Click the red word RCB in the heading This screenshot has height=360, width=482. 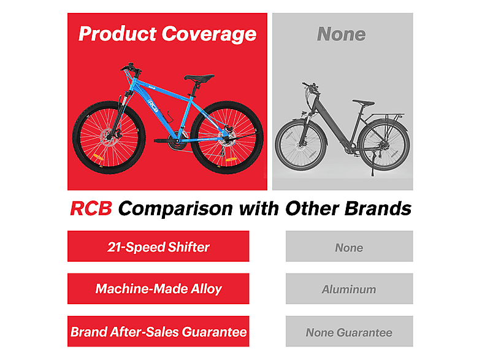click(x=91, y=209)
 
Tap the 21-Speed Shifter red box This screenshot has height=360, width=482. click(x=158, y=247)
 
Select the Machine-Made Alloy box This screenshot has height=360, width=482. click(x=158, y=289)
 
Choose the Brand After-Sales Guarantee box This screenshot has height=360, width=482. click(x=158, y=331)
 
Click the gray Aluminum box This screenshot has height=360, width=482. click(x=349, y=289)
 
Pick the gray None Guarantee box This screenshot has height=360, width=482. click(x=349, y=331)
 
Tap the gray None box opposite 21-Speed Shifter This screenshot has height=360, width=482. click(x=349, y=247)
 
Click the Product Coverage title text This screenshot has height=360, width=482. click(x=167, y=34)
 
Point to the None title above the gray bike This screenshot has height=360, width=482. click(x=342, y=34)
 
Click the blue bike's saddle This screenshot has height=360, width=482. click(x=199, y=78)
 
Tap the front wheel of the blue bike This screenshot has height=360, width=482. click(x=109, y=137)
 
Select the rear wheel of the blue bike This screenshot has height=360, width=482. click(x=227, y=137)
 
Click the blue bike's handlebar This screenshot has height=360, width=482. click(x=131, y=68)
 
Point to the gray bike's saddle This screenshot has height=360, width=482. click(x=364, y=102)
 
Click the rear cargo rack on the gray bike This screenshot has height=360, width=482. click(x=388, y=116)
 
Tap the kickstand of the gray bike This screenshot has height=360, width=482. click(x=372, y=164)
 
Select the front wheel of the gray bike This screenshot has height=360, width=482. click(x=300, y=145)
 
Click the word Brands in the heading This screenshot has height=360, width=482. click(x=378, y=209)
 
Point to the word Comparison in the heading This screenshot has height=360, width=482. click(x=175, y=209)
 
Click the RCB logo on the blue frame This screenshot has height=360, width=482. click(x=153, y=105)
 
